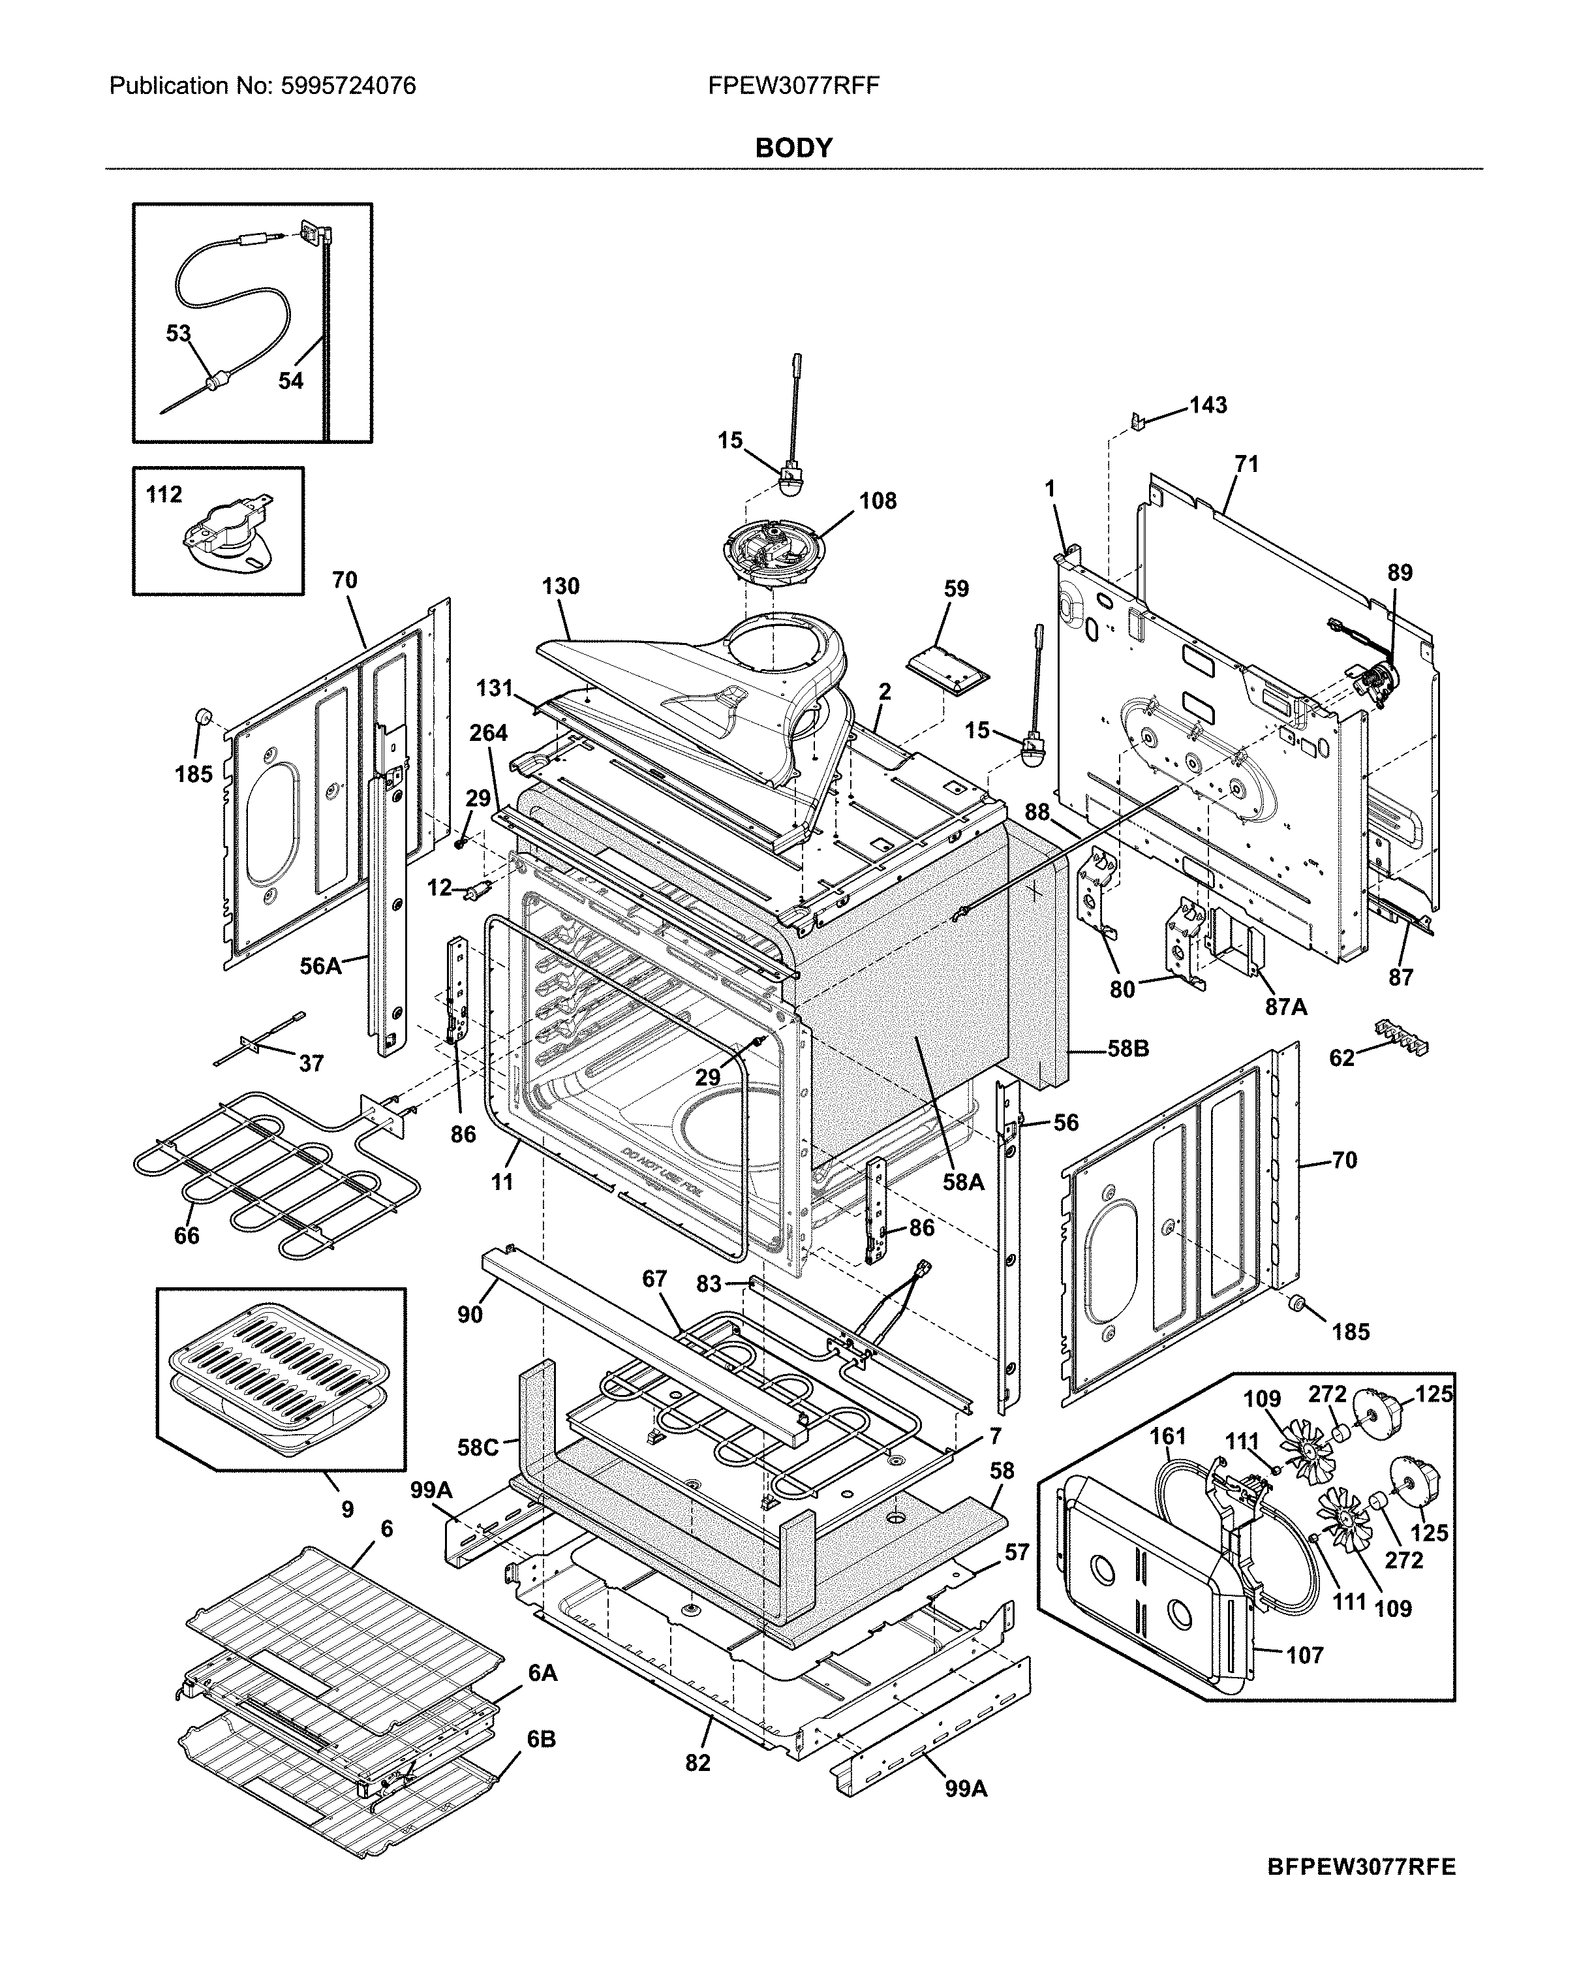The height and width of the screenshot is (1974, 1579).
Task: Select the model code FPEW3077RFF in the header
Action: pyautogui.click(x=793, y=86)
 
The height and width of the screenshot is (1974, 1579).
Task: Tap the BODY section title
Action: pyautogui.click(x=793, y=148)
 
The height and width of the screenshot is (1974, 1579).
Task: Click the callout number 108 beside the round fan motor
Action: pyautogui.click(x=877, y=501)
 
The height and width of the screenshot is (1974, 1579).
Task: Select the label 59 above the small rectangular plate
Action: pyautogui.click(x=956, y=589)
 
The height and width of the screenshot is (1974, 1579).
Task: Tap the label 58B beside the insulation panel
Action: pyautogui.click(x=1127, y=1049)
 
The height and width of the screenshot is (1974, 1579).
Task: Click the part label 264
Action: pyautogui.click(x=489, y=732)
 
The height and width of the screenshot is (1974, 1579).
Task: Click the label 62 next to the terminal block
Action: pyautogui.click(x=1342, y=1058)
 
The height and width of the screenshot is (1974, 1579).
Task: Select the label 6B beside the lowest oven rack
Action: pyautogui.click(x=541, y=1739)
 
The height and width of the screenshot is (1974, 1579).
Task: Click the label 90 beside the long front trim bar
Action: pyautogui.click(x=470, y=1314)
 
